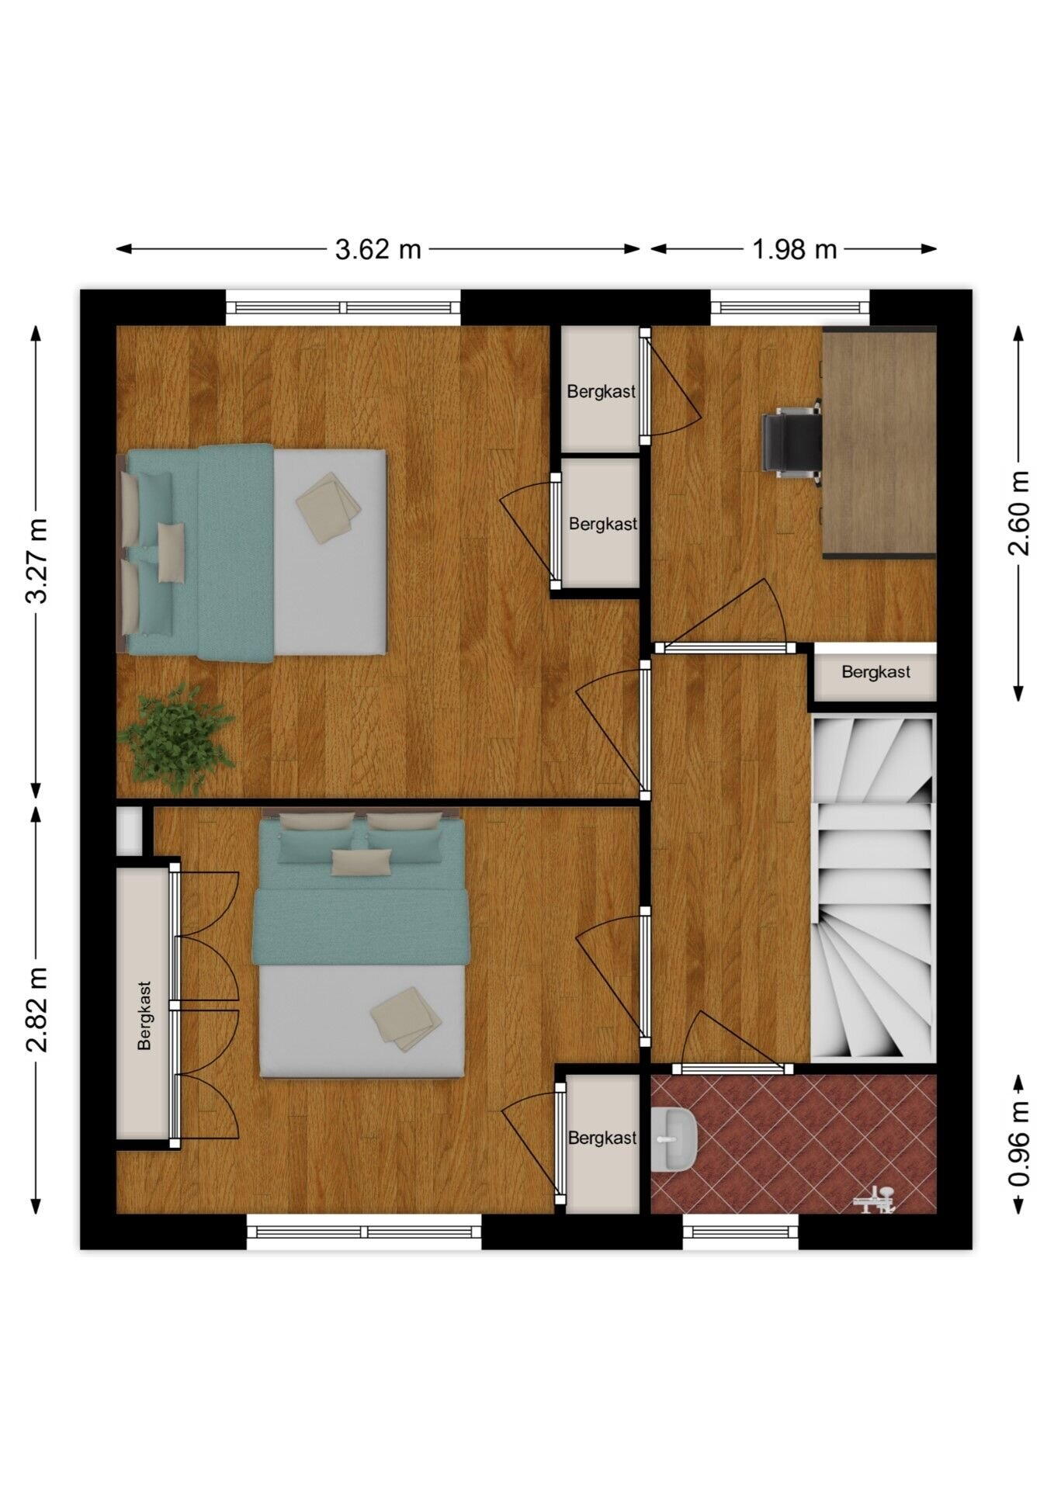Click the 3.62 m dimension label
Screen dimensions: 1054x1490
[x=378, y=249]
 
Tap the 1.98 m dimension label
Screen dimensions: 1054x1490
[x=795, y=249]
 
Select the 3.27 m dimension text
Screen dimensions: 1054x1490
[x=37, y=561]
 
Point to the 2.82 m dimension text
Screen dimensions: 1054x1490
[x=37, y=1010]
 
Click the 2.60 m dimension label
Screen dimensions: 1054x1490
[x=1019, y=513]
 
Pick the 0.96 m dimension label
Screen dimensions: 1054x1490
[x=1019, y=1144]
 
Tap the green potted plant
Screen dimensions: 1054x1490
[x=176, y=736]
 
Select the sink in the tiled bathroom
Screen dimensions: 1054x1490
[x=673, y=1139]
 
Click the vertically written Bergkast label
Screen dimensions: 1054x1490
[x=144, y=1016]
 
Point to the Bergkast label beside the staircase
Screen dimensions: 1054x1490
[x=876, y=672]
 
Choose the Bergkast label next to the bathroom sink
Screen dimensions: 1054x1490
[x=602, y=1138]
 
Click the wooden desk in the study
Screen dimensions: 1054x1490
[x=879, y=442]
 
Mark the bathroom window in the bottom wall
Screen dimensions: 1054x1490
[x=740, y=1232]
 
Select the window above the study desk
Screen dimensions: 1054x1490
[x=790, y=307]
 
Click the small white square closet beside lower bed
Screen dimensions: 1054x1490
[x=129, y=831]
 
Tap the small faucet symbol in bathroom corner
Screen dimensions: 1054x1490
[x=875, y=1199]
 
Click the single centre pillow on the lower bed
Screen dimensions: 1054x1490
[x=361, y=862]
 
